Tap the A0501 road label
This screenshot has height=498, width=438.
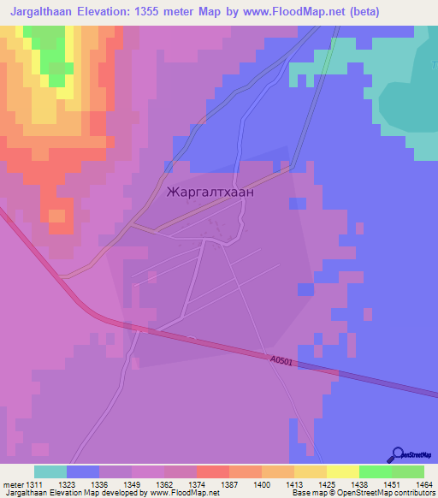click(x=281, y=362)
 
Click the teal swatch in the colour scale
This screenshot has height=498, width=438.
click(x=50, y=471)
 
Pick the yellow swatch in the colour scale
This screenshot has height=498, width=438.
click(x=342, y=471)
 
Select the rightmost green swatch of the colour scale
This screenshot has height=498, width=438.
click(x=408, y=471)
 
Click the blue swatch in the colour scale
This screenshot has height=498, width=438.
click(x=82, y=471)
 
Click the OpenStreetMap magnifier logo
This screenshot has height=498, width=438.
click(x=396, y=454)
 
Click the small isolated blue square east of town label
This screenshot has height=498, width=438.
click(x=297, y=203)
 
